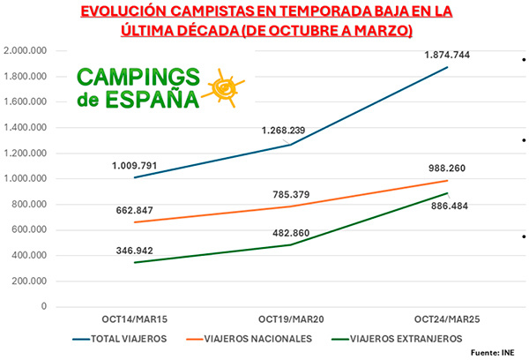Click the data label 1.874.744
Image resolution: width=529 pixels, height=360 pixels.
447,55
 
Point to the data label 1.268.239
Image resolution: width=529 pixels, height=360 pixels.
284,131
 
